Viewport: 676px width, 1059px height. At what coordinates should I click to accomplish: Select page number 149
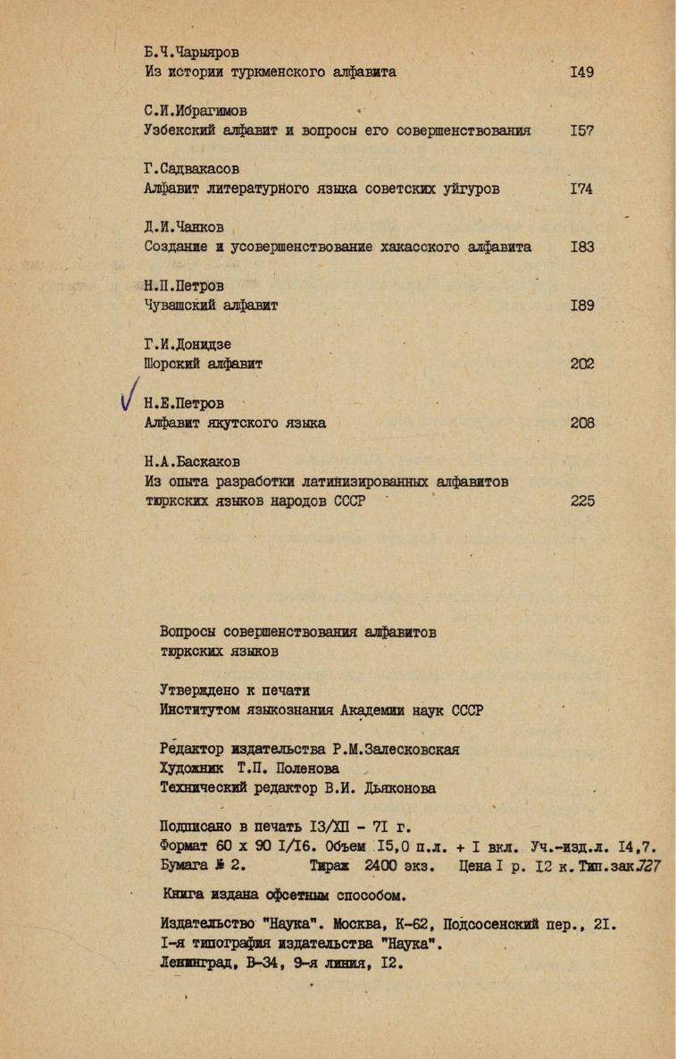[x=581, y=72]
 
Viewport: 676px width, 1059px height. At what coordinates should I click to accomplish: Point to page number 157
[x=581, y=130]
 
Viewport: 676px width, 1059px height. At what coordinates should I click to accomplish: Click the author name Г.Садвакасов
[x=192, y=169]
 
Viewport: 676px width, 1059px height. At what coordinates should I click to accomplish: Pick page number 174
[x=581, y=189]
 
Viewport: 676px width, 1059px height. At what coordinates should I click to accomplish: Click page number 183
[x=581, y=247]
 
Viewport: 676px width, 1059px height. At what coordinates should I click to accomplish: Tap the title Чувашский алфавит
[x=211, y=306]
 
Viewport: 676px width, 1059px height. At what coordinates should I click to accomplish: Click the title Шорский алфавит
[x=203, y=364]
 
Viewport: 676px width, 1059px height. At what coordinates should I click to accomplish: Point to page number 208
[x=582, y=423]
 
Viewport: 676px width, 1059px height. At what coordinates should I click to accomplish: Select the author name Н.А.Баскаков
[x=191, y=462]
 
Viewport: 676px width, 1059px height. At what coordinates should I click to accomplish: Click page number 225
[x=582, y=501]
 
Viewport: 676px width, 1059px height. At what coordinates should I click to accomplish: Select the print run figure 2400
[x=385, y=866]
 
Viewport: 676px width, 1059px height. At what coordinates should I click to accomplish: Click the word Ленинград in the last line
[x=196, y=963]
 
